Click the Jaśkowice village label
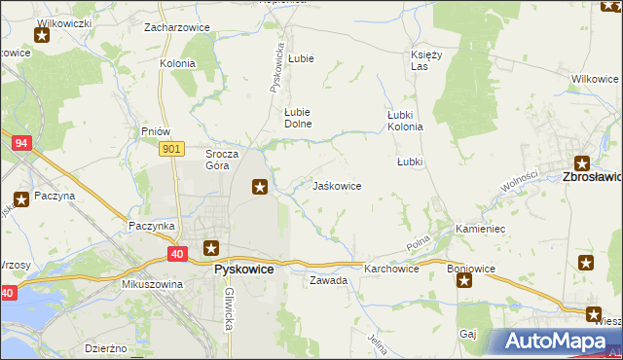(337, 185)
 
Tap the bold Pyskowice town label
(243, 270)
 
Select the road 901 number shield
(172, 148)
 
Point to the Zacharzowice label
(177, 27)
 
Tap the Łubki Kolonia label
(405, 121)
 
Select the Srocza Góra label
(217, 160)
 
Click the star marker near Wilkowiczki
(43, 37)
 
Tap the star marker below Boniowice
(464, 282)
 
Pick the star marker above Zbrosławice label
(582, 163)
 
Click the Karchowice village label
(391, 268)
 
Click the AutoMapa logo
(556, 342)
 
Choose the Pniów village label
(156, 131)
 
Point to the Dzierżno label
(105, 347)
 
